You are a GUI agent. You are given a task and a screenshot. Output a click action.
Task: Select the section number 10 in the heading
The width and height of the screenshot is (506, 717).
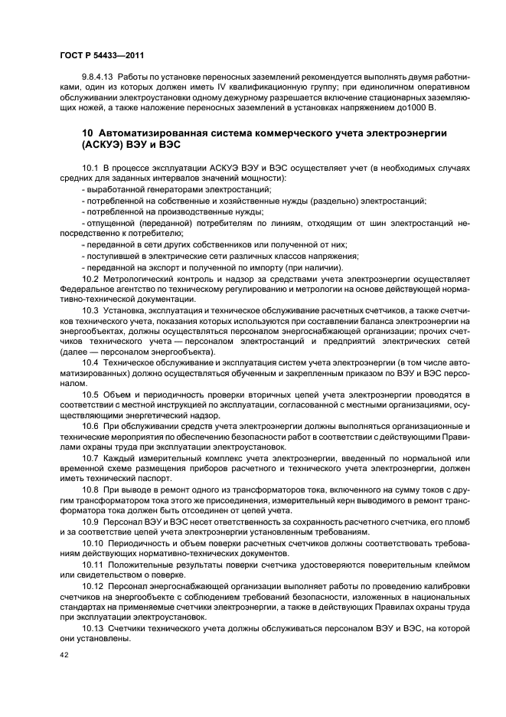coord(87,134)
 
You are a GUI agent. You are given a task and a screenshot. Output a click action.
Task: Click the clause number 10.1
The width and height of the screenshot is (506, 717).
coord(90,167)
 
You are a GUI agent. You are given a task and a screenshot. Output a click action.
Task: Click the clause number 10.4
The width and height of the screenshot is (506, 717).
coord(90,362)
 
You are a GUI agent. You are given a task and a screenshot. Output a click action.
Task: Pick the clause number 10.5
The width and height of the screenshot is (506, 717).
coord(90,394)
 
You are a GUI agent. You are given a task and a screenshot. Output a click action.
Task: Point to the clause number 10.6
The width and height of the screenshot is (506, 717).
coord(90,425)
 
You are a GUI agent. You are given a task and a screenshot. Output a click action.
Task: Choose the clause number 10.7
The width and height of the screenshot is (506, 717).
coord(90,457)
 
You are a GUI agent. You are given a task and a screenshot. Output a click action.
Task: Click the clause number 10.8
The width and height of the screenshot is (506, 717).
coord(90,489)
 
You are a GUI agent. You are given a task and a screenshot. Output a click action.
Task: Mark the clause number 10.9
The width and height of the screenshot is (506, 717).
coord(90,521)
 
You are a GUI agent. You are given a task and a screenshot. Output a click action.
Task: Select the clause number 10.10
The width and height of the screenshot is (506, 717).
coord(92,542)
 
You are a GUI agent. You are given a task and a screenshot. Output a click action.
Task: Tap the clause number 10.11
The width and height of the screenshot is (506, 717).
coord(92,564)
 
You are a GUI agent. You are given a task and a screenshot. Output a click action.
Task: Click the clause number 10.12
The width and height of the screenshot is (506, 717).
coord(92,585)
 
